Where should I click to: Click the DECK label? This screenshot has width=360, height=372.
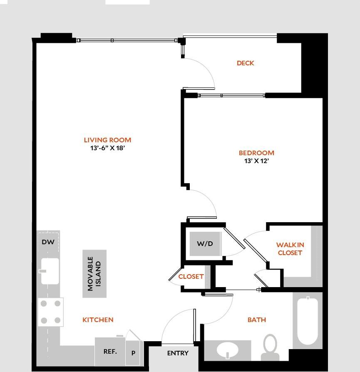tap(245, 63)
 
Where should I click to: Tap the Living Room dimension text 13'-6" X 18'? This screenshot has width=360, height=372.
tap(107, 148)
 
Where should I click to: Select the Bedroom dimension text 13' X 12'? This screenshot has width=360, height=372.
tap(256, 161)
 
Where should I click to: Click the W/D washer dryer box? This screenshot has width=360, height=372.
tap(205, 244)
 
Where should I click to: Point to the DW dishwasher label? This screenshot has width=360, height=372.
tap(46, 242)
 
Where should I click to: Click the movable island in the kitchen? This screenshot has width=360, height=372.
tap(94, 273)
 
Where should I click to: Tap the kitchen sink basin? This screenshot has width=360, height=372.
tap(50, 270)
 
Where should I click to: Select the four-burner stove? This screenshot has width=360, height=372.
tap(50, 312)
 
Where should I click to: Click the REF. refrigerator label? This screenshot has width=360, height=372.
tap(110, 351)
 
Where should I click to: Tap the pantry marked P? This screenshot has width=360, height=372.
tap(134, 353)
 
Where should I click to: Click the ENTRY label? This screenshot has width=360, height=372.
tap(178, 353)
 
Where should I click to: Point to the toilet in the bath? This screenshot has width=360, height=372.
tap(270, 346)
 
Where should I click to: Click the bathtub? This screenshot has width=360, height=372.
tap(307, 320)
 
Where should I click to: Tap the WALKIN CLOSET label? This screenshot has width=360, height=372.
tap(290, 249)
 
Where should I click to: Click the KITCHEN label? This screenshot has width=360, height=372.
tap(98, 320)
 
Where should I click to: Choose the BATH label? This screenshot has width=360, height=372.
tap(256, 320)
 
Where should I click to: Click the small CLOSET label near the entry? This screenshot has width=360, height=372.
tap(191, 276)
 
